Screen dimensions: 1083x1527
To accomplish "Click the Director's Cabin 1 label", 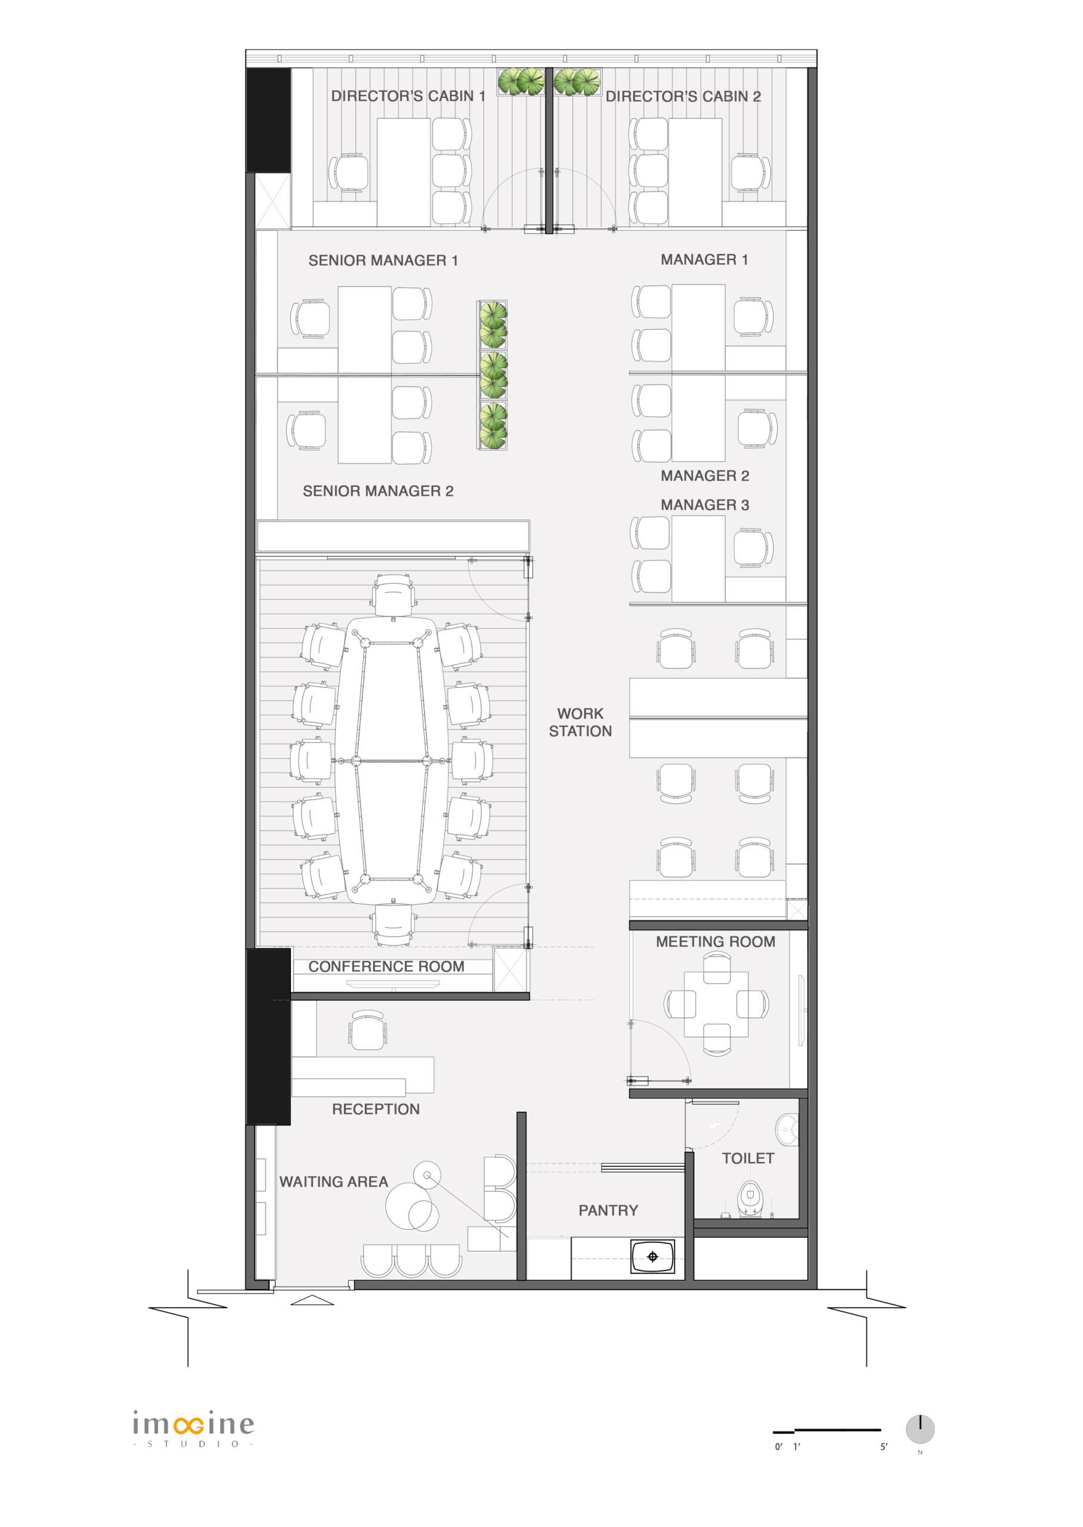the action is click(408, 96).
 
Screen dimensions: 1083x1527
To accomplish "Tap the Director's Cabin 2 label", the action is click(683, 97).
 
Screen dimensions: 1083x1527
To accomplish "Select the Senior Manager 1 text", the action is click(383, 260).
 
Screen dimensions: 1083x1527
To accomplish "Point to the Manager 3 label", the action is click(705, 505).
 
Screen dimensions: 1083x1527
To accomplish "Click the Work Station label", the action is click(580, 722).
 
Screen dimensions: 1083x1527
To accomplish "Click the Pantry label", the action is click(608, 1210).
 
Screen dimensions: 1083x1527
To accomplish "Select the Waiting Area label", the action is click(333, 1182).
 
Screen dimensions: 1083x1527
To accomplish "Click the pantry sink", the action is click(653, 1257).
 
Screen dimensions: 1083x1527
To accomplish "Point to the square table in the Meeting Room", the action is click(716, 1004).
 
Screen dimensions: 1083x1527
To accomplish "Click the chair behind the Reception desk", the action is click(367, 1030).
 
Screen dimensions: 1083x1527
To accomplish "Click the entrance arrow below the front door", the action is click(312, 1300).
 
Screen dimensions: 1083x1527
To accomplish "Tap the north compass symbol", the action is click(920, 1429).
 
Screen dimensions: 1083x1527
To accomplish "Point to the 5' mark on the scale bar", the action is click(884, 1446).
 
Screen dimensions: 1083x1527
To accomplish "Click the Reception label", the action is click(376, 1109).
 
